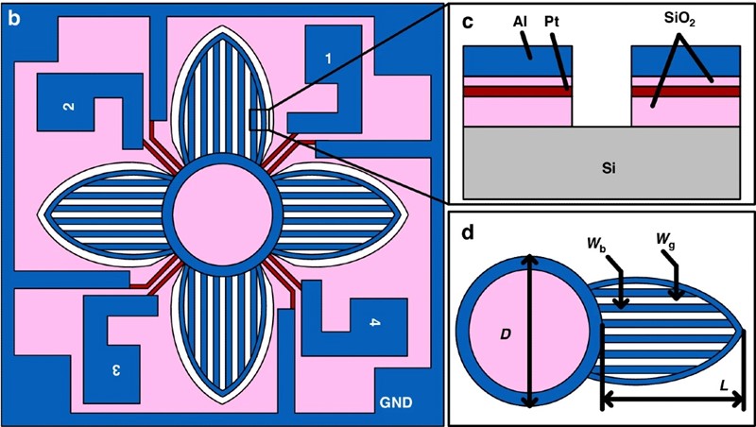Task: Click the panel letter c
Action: click(x=468, y=24)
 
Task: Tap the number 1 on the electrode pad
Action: click(x=328, y=59)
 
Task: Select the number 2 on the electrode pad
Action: click(x=69, y=106)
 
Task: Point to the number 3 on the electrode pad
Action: click(x=115, y=370)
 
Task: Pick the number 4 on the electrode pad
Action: click(x=374, y=323)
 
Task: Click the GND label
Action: click(x=395, y=402)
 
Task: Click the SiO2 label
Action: click(x=679, y=21)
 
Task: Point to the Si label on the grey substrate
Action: click(x=609, y=169)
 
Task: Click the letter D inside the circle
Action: click(x=506, y=333)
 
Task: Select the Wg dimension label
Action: click(x=666, y=239)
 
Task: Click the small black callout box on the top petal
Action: click(x=257, y=120)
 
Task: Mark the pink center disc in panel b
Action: click(x=222, y=215)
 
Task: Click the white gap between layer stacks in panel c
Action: click(x=602, y=86)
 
